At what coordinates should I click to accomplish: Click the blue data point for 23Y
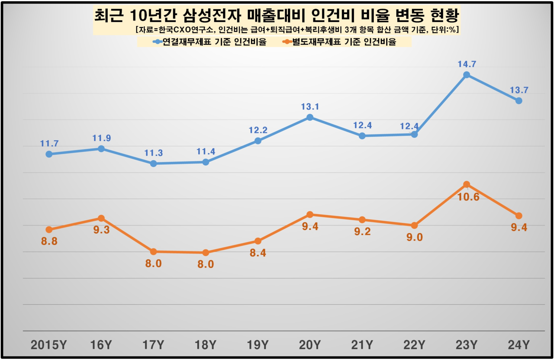[466, 75]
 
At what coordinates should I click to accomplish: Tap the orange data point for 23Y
[466, 185]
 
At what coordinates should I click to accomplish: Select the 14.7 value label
[466, 64]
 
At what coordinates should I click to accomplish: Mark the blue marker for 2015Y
[49, 154]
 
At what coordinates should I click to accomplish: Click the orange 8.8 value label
[49, 241]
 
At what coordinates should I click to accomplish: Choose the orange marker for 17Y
[153, 251]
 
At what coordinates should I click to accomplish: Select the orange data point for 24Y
[519, 215]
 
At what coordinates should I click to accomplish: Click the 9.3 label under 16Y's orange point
[101, 230]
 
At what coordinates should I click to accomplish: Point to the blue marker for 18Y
[206, 162]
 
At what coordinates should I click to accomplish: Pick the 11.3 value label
[153, 153]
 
